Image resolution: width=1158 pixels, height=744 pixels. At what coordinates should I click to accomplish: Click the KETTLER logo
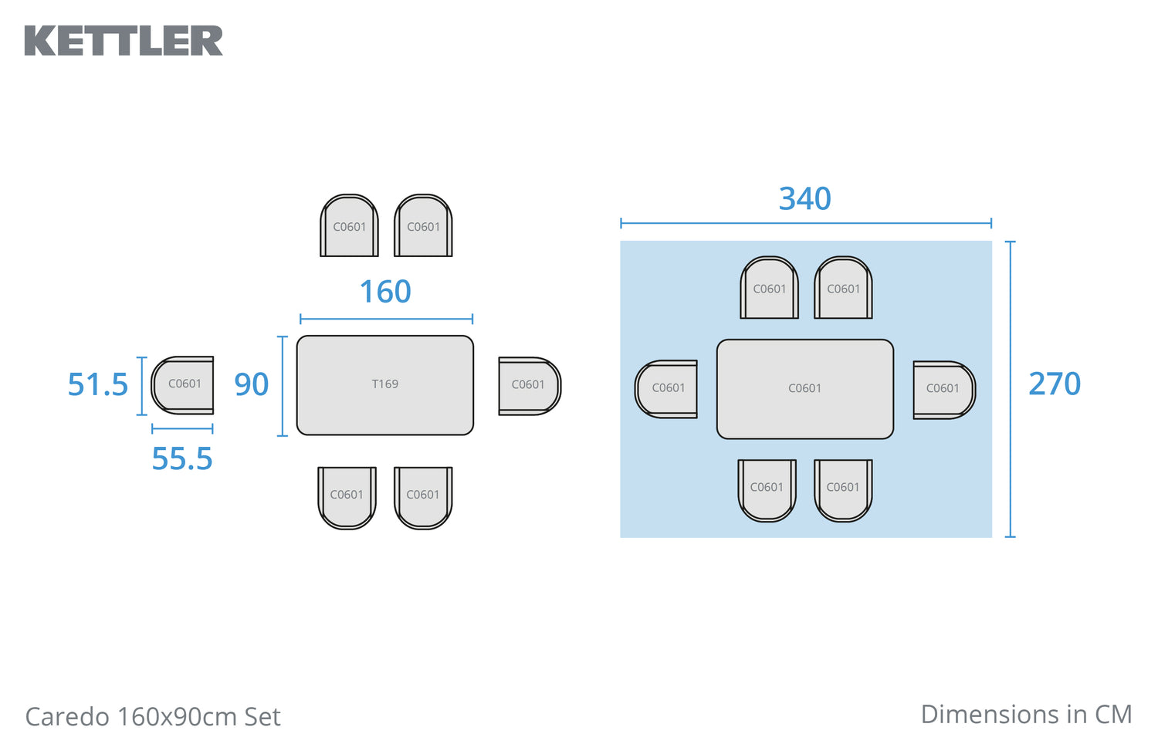[x=124, y=41]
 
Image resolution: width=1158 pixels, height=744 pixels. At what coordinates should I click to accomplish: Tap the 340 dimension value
[x=804, y=199]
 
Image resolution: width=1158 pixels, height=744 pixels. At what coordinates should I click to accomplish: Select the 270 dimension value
[x=1054, y=384]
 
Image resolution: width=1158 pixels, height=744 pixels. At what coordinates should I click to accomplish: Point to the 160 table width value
[x=385, y=293]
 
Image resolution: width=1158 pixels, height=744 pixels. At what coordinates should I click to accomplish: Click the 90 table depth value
[x=251, y=384]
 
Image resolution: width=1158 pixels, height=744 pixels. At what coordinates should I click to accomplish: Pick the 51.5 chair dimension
[x=97, y=384]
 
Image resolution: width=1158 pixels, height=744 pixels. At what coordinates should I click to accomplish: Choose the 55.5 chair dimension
[x=181, y=459]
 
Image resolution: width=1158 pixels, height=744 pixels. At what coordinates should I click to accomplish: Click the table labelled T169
[x=384, y=385]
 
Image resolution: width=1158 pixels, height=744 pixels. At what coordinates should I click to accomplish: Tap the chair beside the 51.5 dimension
[x=183, y=385]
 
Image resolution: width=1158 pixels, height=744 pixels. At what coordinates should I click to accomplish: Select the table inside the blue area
[x=804, y=389]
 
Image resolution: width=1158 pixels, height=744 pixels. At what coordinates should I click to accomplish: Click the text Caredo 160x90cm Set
[x=153, y=717]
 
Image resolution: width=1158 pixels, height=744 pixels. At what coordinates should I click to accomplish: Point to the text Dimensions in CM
[x=1026, y=715]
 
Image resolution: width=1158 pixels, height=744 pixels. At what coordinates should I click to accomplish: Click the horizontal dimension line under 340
[x=805, y=223]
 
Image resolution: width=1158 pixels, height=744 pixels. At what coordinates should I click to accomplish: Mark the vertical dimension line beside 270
[x=1011, y=389]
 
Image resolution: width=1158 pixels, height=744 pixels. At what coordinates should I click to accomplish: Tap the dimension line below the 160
[x=386, y=318]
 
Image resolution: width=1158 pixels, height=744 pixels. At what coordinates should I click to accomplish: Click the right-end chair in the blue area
[x=943, y=390]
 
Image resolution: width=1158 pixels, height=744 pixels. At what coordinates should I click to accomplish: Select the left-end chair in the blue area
[x=667, y=389]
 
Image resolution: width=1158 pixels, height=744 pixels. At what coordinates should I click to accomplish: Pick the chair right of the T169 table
[x=529, y=386]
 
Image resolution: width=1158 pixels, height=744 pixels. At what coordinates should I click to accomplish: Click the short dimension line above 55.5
[x=182, y=428]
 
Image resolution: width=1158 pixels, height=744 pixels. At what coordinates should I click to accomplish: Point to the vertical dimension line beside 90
[x=283, y=386]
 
